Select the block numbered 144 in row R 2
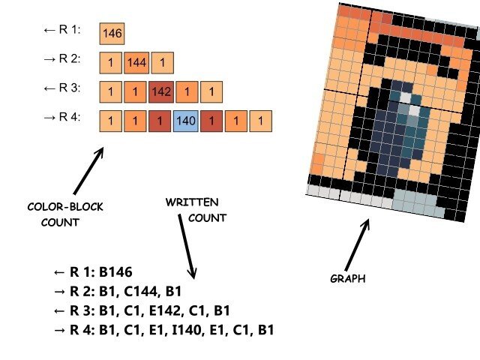point(136,62)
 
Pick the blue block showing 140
point(185,120)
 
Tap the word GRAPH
point(347,278)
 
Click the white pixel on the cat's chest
point(406,97)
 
